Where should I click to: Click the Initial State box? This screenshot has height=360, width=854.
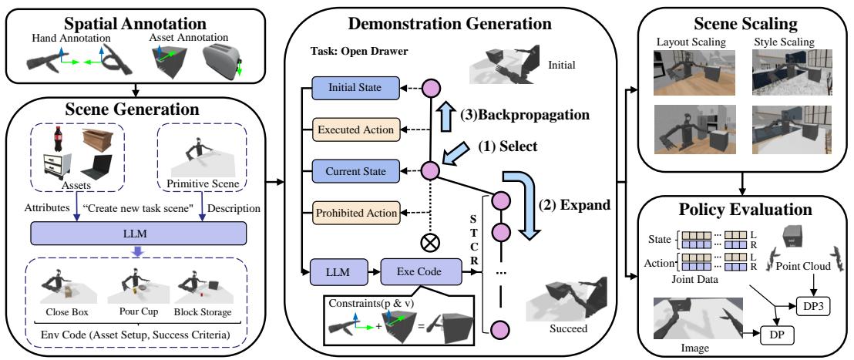pyautogui.click(x=355, y=89)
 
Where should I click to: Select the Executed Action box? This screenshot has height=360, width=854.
pyautogui.click(x=355, y=130)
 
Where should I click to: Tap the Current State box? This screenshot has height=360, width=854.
pyautogui.click(x=355, y=170)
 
